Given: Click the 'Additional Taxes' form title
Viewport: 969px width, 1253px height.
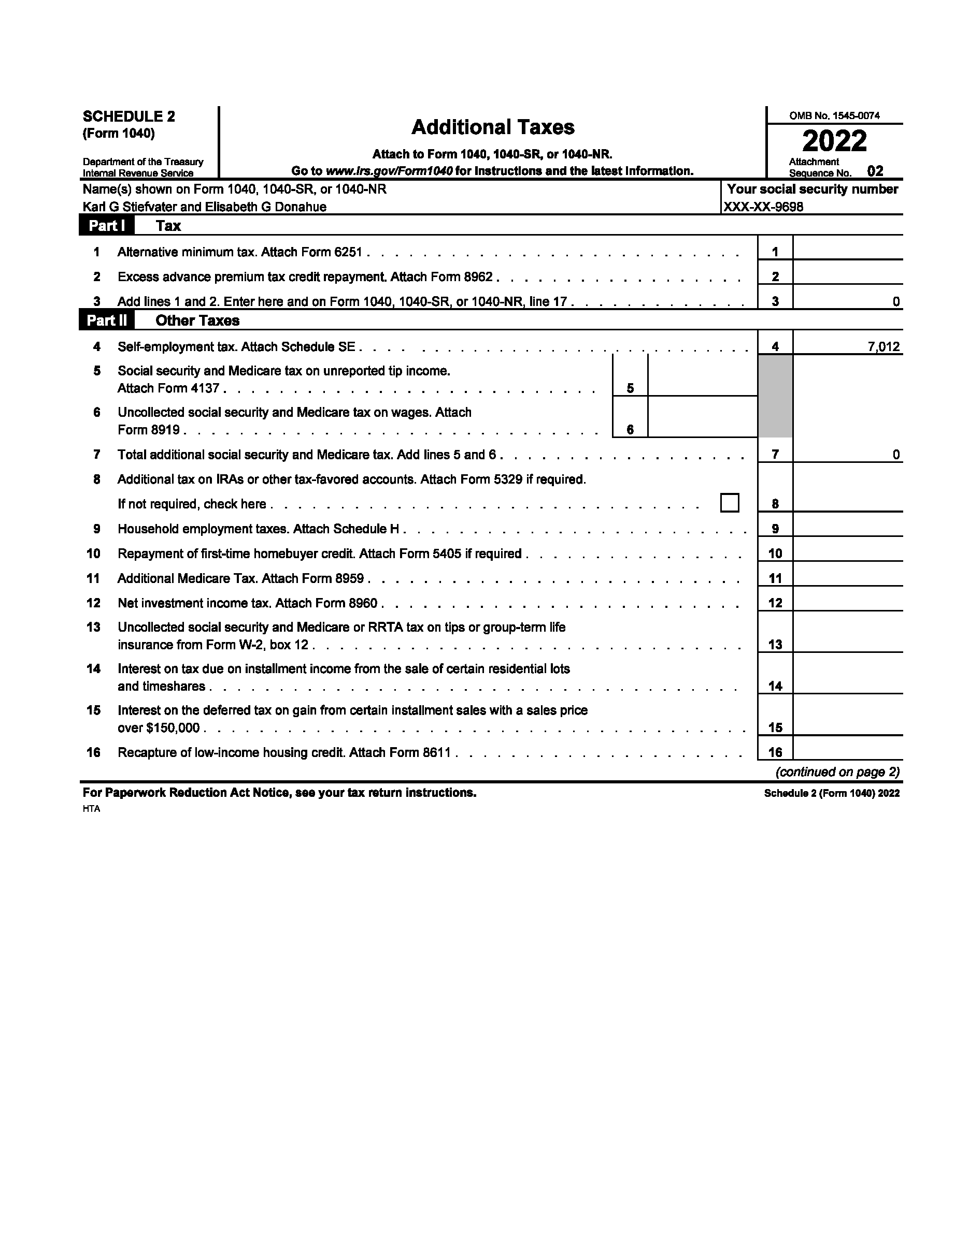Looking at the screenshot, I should point(493,127).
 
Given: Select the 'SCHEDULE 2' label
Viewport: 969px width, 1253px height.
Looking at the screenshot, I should point(129,116).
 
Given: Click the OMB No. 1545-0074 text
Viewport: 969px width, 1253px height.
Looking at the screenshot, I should point(834,115).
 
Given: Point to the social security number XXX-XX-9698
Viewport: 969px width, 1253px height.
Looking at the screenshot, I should point(763,207).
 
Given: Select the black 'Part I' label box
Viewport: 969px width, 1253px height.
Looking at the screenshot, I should point(107,225).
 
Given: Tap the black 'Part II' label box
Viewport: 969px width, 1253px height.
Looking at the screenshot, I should point(107,320).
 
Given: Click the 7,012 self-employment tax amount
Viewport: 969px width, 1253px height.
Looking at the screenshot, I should point(883,346).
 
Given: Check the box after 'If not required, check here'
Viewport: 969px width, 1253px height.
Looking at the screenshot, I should point(730,503).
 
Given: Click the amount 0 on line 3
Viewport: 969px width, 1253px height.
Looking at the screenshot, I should point(895,302).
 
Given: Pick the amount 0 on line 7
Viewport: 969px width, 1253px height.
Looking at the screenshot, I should point(895,455).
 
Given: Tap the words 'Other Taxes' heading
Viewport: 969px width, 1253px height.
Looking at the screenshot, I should point(197,320).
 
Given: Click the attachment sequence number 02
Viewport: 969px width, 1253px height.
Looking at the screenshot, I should point(875,171).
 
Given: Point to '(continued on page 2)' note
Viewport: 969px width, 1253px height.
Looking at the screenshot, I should point(837,772).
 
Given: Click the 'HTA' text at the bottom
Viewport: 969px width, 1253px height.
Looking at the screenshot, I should point(91,809).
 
